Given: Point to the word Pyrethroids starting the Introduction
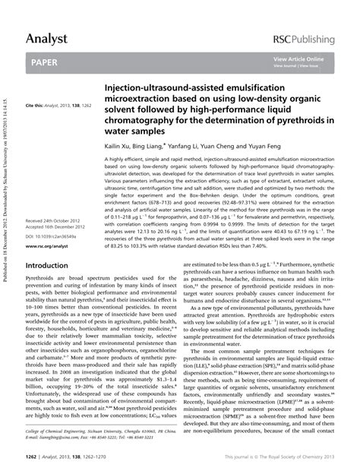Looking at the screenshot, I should tap(41, 281).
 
